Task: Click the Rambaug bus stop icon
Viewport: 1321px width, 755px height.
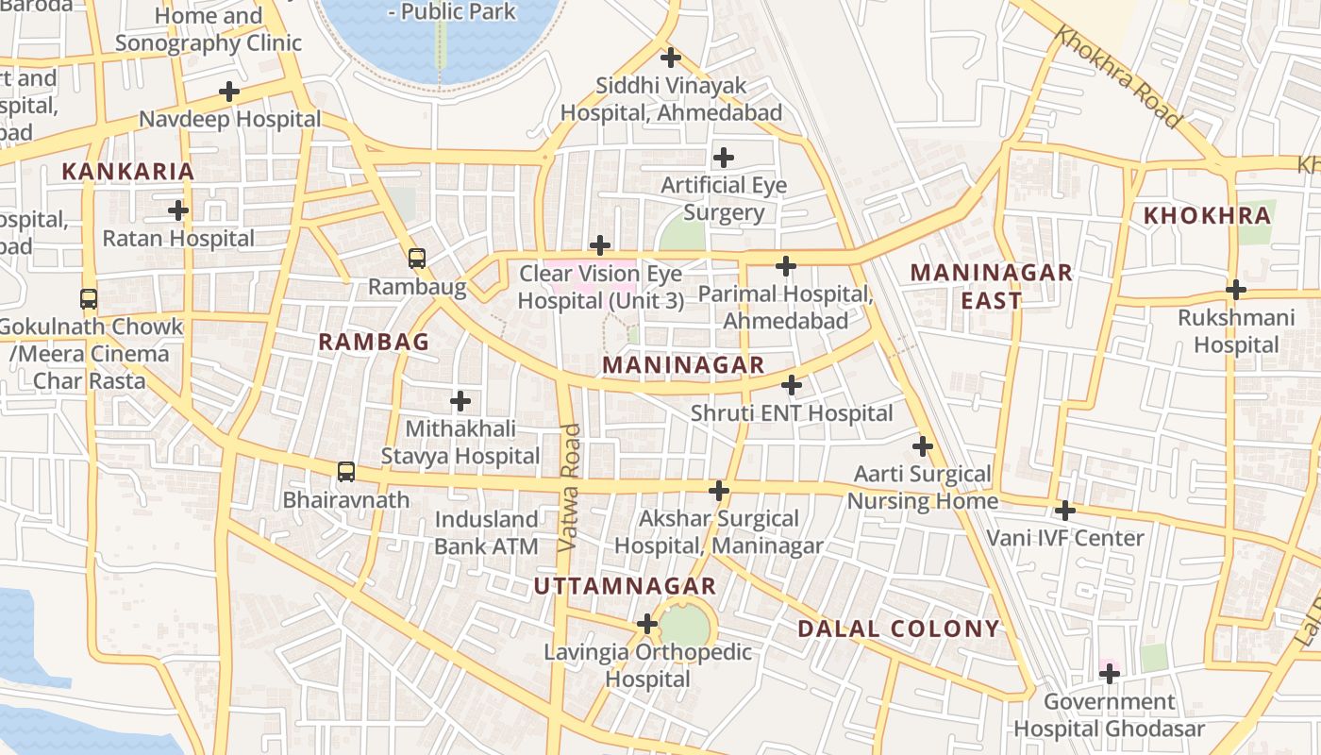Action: click(x=416, y=258)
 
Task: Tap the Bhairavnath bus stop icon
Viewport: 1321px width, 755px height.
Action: click(x=346, y=471)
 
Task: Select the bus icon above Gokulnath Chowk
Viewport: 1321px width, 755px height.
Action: click(x=89, y=299)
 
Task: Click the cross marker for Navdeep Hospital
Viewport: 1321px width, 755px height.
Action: click(x=228, y=92)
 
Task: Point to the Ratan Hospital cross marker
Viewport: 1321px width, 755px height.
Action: click(x=177, y=210)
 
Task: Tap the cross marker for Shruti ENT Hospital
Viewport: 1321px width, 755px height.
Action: click(x=792, y=385)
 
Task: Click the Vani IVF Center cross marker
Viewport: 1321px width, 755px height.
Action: click(x=1065, y=511)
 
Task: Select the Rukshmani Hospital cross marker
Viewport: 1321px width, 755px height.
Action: click(x=1236, y=289)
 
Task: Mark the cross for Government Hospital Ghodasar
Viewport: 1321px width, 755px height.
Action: click(x=1110, y=674)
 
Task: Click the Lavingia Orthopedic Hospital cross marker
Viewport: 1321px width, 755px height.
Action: click(x=646, y=624)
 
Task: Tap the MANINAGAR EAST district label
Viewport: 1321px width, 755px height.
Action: click(x=991, y=287)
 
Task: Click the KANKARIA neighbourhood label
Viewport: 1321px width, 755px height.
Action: click(x=127, y=172)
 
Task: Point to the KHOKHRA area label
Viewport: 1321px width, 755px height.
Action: click(x=1207, y=215)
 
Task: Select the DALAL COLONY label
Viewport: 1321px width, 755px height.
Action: click(x=898, y=629)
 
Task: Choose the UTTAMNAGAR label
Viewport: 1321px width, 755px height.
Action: click(x=625, y=586)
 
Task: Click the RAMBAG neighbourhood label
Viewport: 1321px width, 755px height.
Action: click(x=374, y=342)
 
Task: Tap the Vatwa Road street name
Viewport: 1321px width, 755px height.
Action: click(x=569, y=488)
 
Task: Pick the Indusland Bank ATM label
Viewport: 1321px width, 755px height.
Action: click(x=486, y=532)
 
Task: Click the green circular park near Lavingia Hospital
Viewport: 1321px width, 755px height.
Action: click(x=686, y=624)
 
